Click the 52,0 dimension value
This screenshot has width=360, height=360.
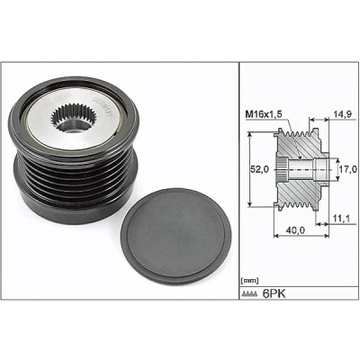[259, 169]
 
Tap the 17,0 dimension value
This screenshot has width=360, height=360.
[348, 169]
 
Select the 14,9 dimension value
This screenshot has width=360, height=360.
[342, 114]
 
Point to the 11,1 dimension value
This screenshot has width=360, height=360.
[341, 219]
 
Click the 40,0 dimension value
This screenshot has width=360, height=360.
[295, 230]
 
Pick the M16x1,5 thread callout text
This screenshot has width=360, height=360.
[264, 114]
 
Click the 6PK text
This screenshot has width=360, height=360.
[274, 293]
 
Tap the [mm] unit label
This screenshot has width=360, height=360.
[249, 281]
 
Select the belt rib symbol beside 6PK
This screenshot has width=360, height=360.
[250, 293]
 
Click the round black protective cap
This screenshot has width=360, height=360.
[176, 237]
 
